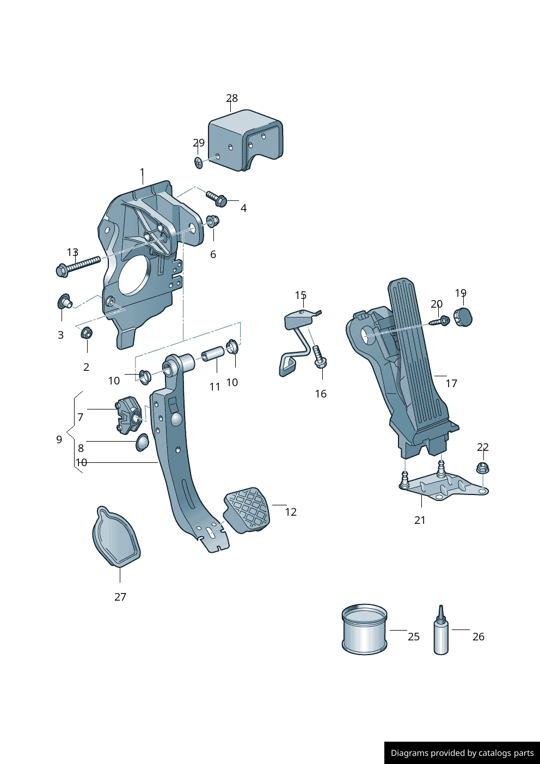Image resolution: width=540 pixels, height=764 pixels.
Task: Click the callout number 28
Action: coord(232,98)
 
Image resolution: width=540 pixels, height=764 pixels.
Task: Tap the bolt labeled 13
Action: coord(77,265)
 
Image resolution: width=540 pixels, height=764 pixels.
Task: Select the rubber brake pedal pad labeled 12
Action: coord(247,510)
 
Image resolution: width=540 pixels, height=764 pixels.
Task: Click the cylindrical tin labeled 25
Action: coord(364,629)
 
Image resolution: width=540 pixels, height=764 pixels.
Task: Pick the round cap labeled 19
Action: coord(463,316)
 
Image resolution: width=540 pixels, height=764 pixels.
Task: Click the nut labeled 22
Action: coord(482,468)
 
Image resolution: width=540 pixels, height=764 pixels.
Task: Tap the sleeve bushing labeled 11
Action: coord(213,355)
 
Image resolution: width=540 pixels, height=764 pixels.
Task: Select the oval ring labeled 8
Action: coord(142,443)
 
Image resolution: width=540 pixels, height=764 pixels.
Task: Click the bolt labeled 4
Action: coord(217,199)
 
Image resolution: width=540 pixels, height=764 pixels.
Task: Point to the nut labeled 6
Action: coord(212,221)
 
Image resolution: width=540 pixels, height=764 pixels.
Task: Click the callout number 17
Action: coord(451,383)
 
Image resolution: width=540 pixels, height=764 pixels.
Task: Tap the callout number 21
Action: coord(420,520)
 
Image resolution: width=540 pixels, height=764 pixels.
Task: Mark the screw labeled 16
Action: coord(319,357)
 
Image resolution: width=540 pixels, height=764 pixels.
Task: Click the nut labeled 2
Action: coord(86,333)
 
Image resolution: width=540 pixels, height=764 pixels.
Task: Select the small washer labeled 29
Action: coord(198,162)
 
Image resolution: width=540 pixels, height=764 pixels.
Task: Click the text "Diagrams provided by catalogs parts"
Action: coord(462,753)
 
